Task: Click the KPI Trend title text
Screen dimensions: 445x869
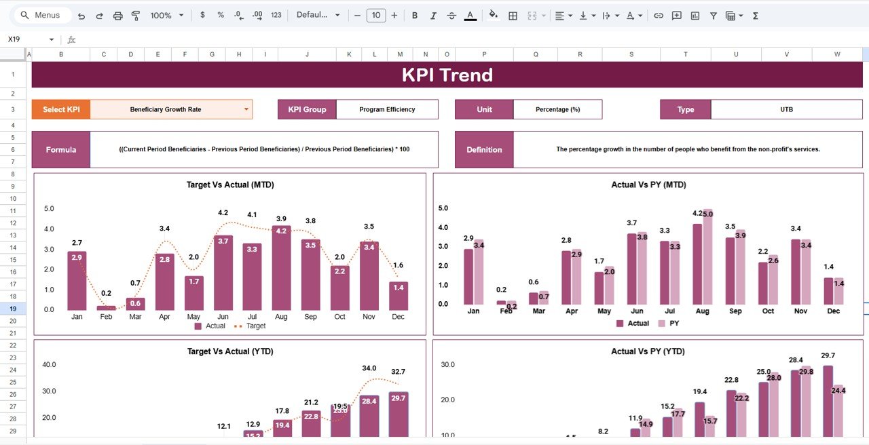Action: click(447, 75)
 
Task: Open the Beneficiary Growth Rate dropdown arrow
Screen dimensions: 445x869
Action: click(246, 109)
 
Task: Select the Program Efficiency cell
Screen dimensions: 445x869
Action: click(387, 109)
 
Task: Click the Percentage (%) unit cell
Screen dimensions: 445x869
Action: click(557, 109)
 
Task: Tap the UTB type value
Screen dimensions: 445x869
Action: click(786, 109)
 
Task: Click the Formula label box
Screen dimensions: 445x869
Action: click(61, 149)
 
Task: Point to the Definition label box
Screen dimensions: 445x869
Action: click(484, 149)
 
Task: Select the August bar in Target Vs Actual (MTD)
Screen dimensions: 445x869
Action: click(281, 268)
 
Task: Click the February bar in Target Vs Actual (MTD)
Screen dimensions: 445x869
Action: click(106, 307)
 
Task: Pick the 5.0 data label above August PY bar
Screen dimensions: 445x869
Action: click(707, 214)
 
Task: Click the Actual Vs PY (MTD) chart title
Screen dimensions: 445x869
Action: click(648, 185)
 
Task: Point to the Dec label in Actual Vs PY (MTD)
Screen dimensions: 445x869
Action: click(833, 311)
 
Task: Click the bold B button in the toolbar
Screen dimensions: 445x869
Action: click(415, 15)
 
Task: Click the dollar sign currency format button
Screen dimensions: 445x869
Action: click(202, 15)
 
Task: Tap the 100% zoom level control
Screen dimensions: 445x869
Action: click(165, 15)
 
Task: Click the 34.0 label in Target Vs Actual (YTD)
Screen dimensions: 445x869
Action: click(369, 368)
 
